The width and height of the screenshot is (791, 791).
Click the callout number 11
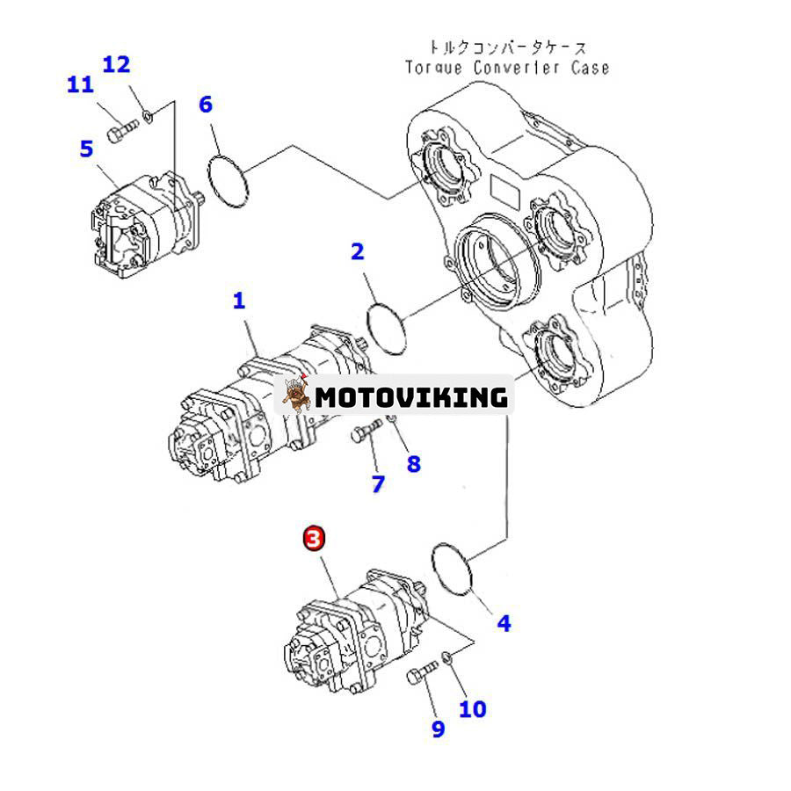pyautogui.click(x=80, y=85)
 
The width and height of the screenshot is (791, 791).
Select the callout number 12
pyautogui.click(x=116, y=64)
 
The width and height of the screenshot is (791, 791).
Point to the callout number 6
pyautogui.click(x=205, y=105)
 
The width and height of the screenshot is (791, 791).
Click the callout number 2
pyautogui.click(x=357, y=252)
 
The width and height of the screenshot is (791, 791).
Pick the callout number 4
pyautogui.click(x=504, y=623)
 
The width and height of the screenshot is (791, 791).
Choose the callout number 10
pyautogui.click(x=472, y=708)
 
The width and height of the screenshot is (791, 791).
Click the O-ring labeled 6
pyautogui.click(x=229, y=181)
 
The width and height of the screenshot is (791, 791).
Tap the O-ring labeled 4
pyautogui.click(x=454, y=568)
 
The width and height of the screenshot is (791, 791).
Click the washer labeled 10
pyautogui.click(x=448, y=657)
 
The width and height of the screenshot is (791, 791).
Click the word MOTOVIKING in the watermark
pyautogui.click(x=411, y=397)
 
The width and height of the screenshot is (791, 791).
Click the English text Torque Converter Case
pyautogui.click(x=506, y=68)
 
